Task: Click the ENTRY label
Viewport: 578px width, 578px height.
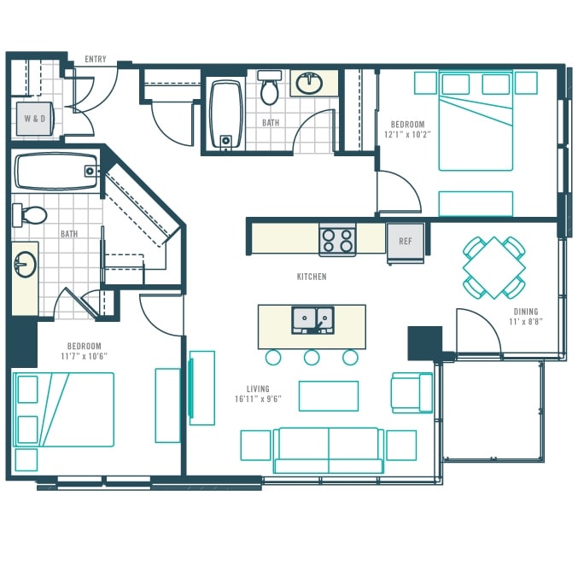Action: (96, 59)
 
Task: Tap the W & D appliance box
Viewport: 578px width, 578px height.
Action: (35, 119)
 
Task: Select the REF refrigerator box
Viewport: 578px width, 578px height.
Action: (406, 242)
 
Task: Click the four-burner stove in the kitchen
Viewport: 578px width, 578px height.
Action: (337, 241)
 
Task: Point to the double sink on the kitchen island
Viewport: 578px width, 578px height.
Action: (313, 320)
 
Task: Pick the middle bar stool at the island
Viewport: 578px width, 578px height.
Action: (312, 357)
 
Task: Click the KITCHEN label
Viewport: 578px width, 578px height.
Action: (312, 277)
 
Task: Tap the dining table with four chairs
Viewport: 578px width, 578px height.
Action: (494, 267)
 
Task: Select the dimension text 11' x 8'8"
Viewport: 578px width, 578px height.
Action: (526, 322)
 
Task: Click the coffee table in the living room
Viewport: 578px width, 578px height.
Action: (329, 396)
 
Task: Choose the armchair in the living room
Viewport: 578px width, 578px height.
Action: (412, 393)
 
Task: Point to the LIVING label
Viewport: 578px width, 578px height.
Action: (258, 389)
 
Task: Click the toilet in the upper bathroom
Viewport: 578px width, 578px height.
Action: (270, 88)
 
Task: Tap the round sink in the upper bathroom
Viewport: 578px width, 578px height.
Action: (310, 84)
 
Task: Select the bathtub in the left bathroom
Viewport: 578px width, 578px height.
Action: (56, 172)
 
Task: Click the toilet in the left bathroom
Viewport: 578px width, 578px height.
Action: (30, 214)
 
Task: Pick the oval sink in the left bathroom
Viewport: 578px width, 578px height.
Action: (25, 265)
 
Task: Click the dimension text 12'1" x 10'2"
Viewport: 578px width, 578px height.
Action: (407, 135)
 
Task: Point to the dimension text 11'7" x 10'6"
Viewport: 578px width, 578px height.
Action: (85, 357)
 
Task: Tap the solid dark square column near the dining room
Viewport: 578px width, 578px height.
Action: (424, 343)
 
